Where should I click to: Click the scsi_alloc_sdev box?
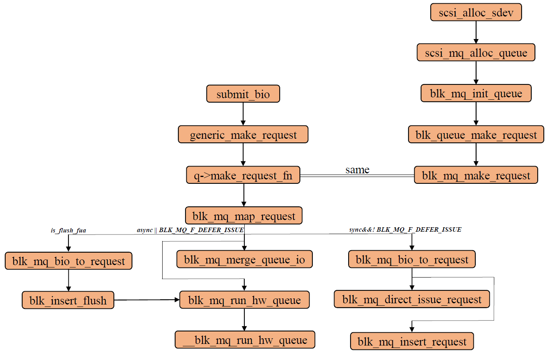(476, 12)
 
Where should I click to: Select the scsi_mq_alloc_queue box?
(476, 53)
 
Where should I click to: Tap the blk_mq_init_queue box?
(476, 94)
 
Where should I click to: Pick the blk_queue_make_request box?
(476, 135)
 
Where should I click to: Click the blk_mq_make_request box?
(476, 175)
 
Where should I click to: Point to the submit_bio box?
(243, 94)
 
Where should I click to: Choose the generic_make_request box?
(243, 135)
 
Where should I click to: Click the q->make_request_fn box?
(243, 175)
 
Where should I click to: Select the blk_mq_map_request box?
(244, 216)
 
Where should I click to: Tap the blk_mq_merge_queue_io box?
(244, 259)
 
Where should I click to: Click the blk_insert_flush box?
(68, 300)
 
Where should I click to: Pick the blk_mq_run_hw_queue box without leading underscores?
(244, 300)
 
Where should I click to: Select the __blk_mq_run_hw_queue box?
(245, 340)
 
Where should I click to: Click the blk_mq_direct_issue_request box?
(412, 299)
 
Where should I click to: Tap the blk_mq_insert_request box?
(412, 342)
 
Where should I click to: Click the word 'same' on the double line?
(357, 170)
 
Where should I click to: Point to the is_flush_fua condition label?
(68, 230)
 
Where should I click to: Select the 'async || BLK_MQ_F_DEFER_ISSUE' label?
(190, 230)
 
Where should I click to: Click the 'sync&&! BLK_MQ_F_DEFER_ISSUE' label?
(405, 230)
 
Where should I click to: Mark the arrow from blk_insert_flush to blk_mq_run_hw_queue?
(147, 300)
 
